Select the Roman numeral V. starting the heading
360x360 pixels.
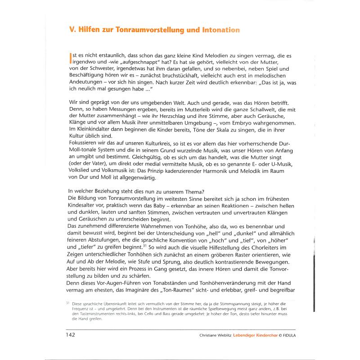pos(72,30)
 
